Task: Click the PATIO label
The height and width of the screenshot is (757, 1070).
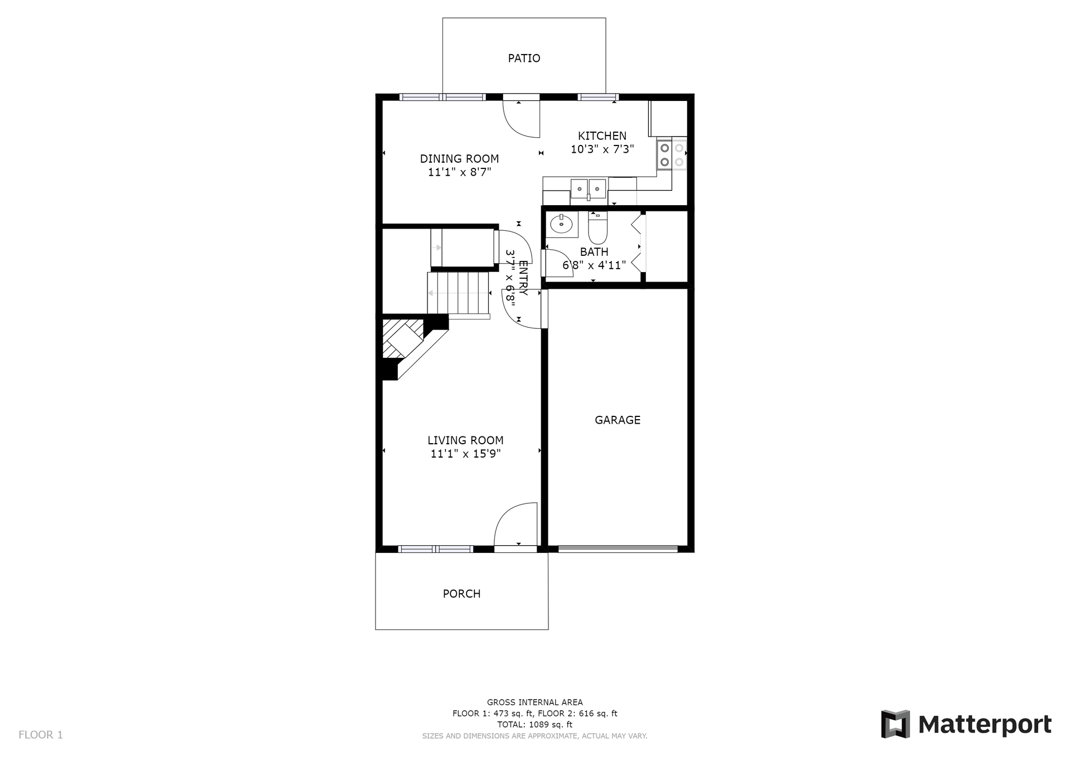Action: [x=524, y=58]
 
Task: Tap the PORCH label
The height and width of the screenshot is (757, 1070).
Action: [x=461, y=594]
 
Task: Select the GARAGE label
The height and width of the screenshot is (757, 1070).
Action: [x=617, y=420]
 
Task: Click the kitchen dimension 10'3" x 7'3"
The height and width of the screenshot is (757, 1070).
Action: [x=602, y=149]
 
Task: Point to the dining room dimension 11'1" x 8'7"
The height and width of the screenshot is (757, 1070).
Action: [x=459, y=172]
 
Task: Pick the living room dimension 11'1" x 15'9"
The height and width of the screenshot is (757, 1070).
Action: [x=465, y=454]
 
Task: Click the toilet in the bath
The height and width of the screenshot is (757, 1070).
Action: [x=597, y=228]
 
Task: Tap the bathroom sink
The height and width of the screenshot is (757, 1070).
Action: [x=561, y=225]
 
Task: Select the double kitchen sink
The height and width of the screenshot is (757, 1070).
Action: [x=588, y=188]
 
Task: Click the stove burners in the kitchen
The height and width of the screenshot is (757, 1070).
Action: [x=672, y=155]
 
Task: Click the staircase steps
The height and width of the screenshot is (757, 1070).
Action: [x=458, y=293]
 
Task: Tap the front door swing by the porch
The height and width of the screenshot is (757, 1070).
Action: [x=516, y=524]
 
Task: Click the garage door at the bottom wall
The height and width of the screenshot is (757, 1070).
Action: [x=618, y=549]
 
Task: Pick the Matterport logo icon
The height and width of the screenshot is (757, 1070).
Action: [x=896, y=724]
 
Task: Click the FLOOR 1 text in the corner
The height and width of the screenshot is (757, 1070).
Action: [x=41, y=735]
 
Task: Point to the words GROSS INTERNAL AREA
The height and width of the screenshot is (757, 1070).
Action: [x=535, y=702]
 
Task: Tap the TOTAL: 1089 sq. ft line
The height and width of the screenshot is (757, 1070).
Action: [x=535, y=725]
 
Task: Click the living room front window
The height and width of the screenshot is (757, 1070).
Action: [x=436, y=549]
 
